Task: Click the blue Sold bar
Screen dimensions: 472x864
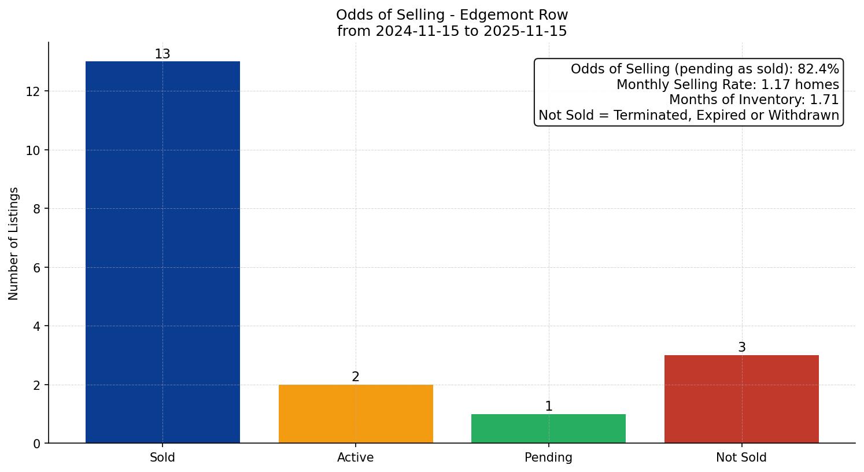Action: click(163, 252)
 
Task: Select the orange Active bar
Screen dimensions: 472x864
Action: click(356, 414)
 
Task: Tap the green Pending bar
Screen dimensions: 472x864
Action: click(548, 429)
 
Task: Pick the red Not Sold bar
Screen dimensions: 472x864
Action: click(741, 399)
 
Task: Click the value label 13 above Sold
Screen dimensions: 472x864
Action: click(163, 54)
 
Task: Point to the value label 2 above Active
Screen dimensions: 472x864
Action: click(356, 377)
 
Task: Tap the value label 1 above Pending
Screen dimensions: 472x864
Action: click(549, 407)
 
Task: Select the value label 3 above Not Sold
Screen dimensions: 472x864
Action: click(742, 348)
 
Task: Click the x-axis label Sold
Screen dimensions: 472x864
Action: click(163, 458)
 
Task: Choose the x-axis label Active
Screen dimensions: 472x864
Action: click(356, 458)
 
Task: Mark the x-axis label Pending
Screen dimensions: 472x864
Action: click(548, 458)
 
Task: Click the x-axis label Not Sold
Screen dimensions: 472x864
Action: click(741, 458)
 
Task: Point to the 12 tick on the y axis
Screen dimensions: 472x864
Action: click(33, 91)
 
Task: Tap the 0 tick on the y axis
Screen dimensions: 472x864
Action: click(37, 444)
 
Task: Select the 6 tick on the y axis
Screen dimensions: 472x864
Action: click(37, 268)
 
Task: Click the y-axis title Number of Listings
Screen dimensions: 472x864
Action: click(14, 244)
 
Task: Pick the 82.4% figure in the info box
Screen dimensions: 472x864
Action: click(818, 69)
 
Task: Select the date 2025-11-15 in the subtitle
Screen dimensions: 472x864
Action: click(526, 31)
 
